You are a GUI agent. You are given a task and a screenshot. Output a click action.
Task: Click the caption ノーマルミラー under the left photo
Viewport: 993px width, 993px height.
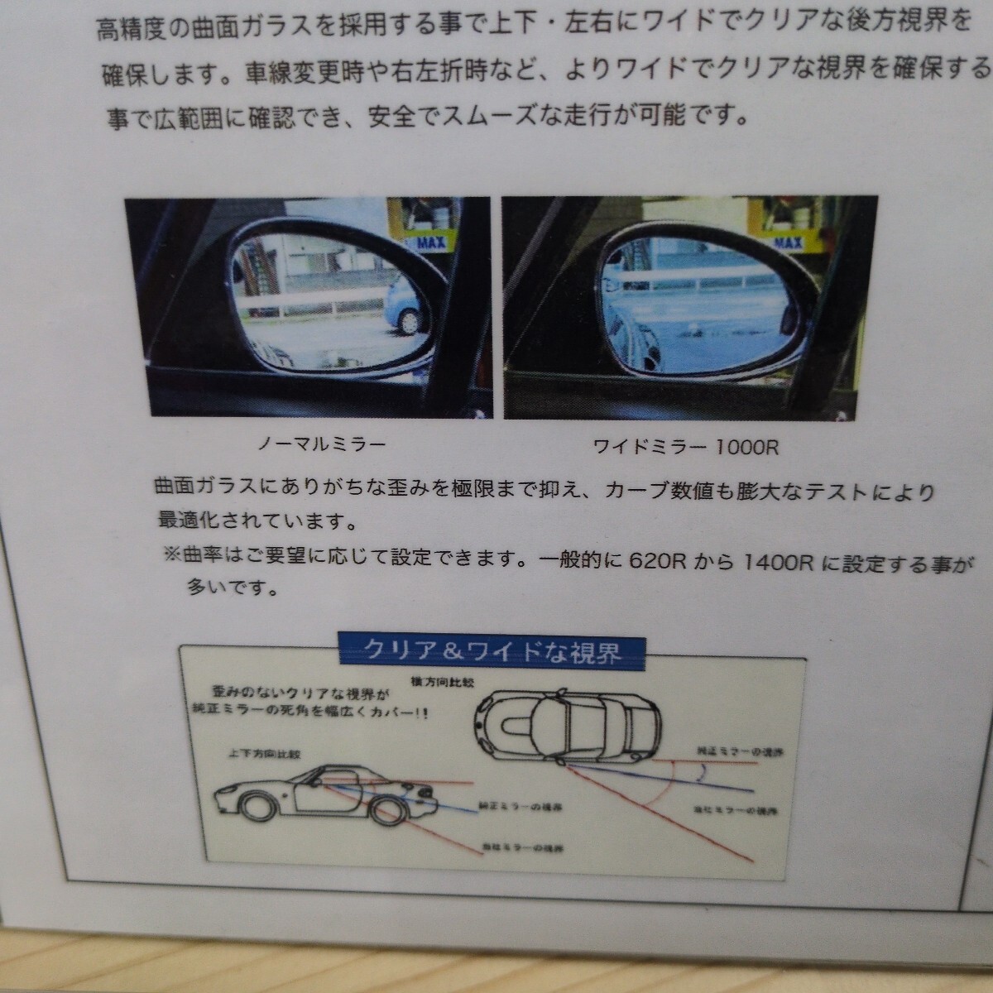point(322,444)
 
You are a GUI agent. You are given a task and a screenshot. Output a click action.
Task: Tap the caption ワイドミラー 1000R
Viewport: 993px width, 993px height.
point(686,448)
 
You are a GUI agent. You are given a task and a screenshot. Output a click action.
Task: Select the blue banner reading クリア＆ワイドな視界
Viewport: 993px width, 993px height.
point(492,651)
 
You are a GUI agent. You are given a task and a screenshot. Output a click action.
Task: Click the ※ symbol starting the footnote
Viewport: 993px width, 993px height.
point(172,556)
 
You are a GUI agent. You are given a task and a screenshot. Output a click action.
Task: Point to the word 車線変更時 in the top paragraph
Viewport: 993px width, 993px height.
point(295,74)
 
